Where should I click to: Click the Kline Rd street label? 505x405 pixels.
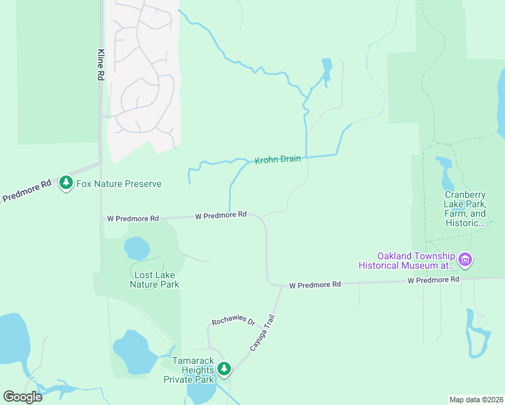pyautogui.click(x=100, y=65)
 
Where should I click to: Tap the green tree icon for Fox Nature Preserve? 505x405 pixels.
pyautogui.click(x=65, y=183)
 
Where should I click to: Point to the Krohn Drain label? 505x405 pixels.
pyautogui.click(x=277, y=161)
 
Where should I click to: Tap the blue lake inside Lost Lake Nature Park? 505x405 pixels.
pyautogui.click(x=136, y=248)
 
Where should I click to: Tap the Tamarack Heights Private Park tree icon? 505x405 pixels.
pyautogui.click(x=224, y=369)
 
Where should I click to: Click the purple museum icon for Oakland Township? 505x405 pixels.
pyautogui.click(x=464, y=259)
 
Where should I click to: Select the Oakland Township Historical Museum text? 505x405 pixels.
pyautogui.click(x=417, y=261)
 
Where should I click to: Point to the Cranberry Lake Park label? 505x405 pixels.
pyautogui.click(x=464, y=208)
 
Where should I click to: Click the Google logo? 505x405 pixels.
pyautogui.click(x=22, y=397)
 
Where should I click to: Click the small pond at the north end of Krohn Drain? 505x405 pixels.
pyautogui.click(x=327, y=70)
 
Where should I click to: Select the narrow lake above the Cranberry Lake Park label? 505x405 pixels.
pyautogui.click(x=448, y=175)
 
